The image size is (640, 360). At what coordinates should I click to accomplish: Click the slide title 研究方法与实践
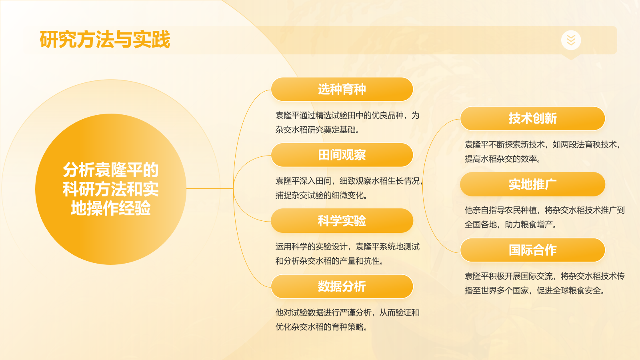(x=105, y=40)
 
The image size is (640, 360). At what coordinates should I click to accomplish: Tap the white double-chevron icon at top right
(x=571, y=40)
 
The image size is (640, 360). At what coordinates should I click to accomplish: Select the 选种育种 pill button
(x=342, y=89)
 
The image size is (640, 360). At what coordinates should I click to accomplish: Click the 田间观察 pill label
(x=342, y=155)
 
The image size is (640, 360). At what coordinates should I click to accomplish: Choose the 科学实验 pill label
(x=342, y=221)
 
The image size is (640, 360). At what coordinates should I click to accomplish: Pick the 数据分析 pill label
(x=342, y=286)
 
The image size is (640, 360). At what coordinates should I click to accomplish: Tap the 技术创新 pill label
(x=532, y=118)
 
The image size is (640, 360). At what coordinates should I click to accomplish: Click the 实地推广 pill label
(x=532, y=184)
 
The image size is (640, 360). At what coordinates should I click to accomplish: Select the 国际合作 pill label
(x=532, y=250)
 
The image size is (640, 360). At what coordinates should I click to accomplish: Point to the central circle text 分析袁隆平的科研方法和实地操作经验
(x=111, y=189)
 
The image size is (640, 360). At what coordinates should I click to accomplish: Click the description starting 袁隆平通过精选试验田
(x=347, y=122)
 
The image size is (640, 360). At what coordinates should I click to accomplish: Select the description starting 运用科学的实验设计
(x=347, y=254)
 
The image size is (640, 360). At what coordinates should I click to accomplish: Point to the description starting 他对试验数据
(x=347, y=320)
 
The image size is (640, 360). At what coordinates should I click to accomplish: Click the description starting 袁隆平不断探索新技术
(x=542, y=152)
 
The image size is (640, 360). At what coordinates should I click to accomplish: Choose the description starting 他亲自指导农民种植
(x=544, y=217)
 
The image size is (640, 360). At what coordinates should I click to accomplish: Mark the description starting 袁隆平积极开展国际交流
(x=544, y=283)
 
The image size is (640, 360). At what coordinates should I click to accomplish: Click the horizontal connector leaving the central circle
(x=210, y=189)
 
